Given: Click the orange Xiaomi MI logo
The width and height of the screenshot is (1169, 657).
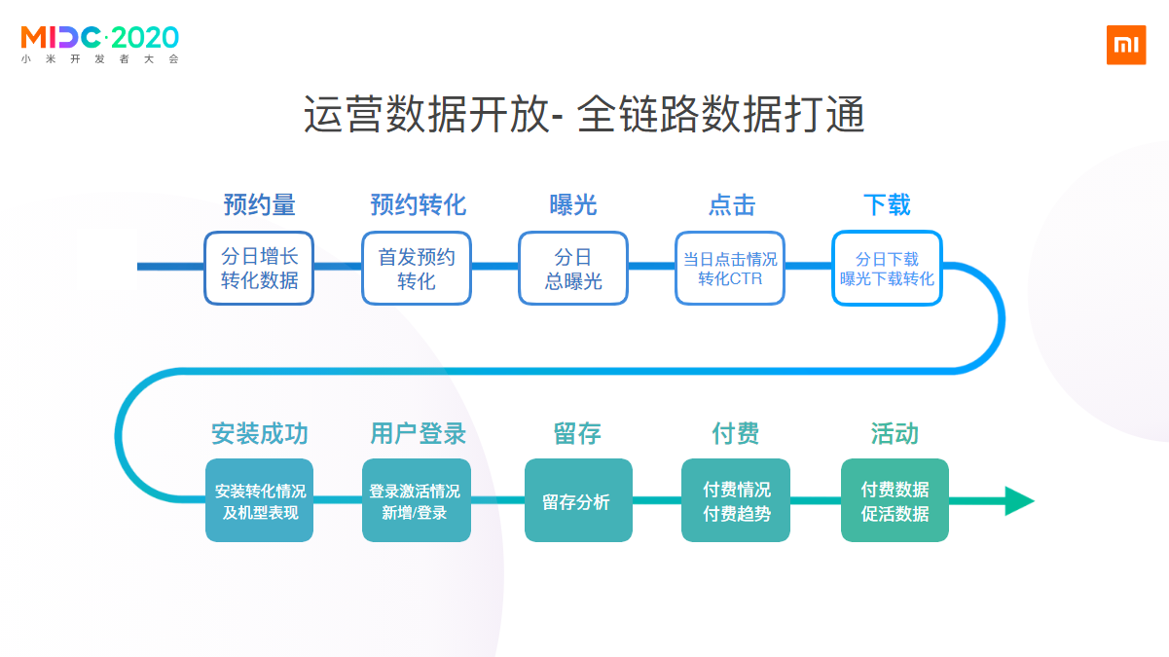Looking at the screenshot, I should [x=1126, y=45].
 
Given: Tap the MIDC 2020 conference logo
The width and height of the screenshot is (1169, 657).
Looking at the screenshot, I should [x=100, y=43].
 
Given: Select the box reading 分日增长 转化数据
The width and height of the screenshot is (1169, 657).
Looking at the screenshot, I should [x=259, y=269].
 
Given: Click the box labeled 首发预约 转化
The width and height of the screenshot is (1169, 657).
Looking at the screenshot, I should [x=417, y=269].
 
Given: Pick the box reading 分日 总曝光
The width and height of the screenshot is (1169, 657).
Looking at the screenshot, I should [x=573, y=269].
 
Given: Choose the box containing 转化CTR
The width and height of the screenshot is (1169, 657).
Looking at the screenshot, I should [x=730, y=269].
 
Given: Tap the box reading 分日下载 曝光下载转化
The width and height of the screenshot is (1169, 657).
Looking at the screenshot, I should [x=887, y=269].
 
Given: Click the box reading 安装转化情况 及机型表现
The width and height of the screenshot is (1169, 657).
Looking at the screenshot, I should [x=259, y=500].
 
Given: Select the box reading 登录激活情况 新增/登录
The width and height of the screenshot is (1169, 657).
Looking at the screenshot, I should [x=416, y=500].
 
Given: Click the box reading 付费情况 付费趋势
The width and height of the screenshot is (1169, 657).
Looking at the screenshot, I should [x=736, y=500].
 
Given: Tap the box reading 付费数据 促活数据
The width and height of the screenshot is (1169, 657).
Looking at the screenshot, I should [x=895, y=500].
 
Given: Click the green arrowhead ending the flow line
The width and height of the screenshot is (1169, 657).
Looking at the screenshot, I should [x=1018, y=500].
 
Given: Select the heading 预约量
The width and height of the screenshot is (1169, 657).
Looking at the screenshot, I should [x=259, y=204].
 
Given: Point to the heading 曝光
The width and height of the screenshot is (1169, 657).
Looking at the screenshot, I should [x=573, y=204].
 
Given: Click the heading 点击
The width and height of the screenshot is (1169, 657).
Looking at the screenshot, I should [x=731, y=204].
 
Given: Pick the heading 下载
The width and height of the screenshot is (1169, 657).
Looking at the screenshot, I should [x=887, y=204].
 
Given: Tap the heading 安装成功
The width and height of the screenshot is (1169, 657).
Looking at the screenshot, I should [x=259, y=433].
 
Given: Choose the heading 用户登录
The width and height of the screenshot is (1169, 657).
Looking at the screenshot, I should [x=418, y=433].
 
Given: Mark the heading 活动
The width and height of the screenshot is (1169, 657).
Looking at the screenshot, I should [x=895, y=433].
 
